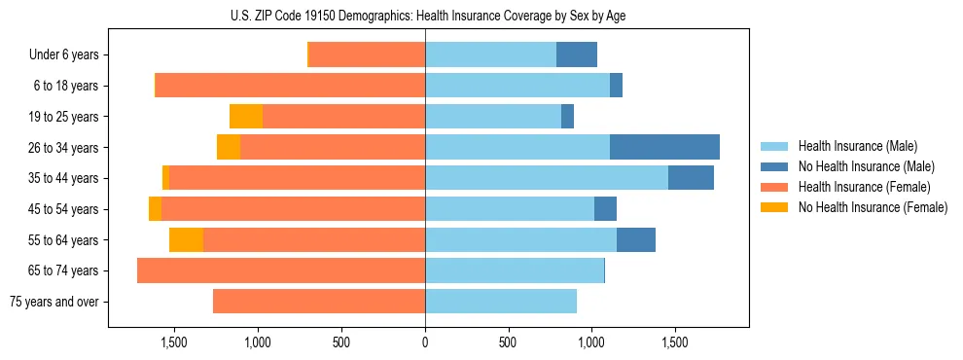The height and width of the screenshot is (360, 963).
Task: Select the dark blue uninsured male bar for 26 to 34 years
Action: click(x=664, y=147)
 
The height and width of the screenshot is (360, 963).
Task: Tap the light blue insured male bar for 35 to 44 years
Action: click(x=547, y=178)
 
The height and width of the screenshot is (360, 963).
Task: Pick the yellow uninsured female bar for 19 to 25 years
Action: click(x=246, y=117)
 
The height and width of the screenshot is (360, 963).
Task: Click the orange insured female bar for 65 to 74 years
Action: click(x=281, y=270)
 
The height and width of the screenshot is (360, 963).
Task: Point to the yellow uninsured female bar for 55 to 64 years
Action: click(x=186, y=239)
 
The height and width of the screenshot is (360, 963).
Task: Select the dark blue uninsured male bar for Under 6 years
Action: click(x=577, y=54)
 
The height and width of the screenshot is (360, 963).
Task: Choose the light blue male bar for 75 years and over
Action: click(x=501, y=302)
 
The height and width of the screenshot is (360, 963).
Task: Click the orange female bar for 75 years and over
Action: click(x=319, y=302)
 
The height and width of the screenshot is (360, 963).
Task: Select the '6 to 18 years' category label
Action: click(x=65, y=86)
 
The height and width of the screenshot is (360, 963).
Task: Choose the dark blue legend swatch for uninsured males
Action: click(x=775, y=166)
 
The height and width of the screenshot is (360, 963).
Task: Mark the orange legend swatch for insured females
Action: click(x=775, y=187)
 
